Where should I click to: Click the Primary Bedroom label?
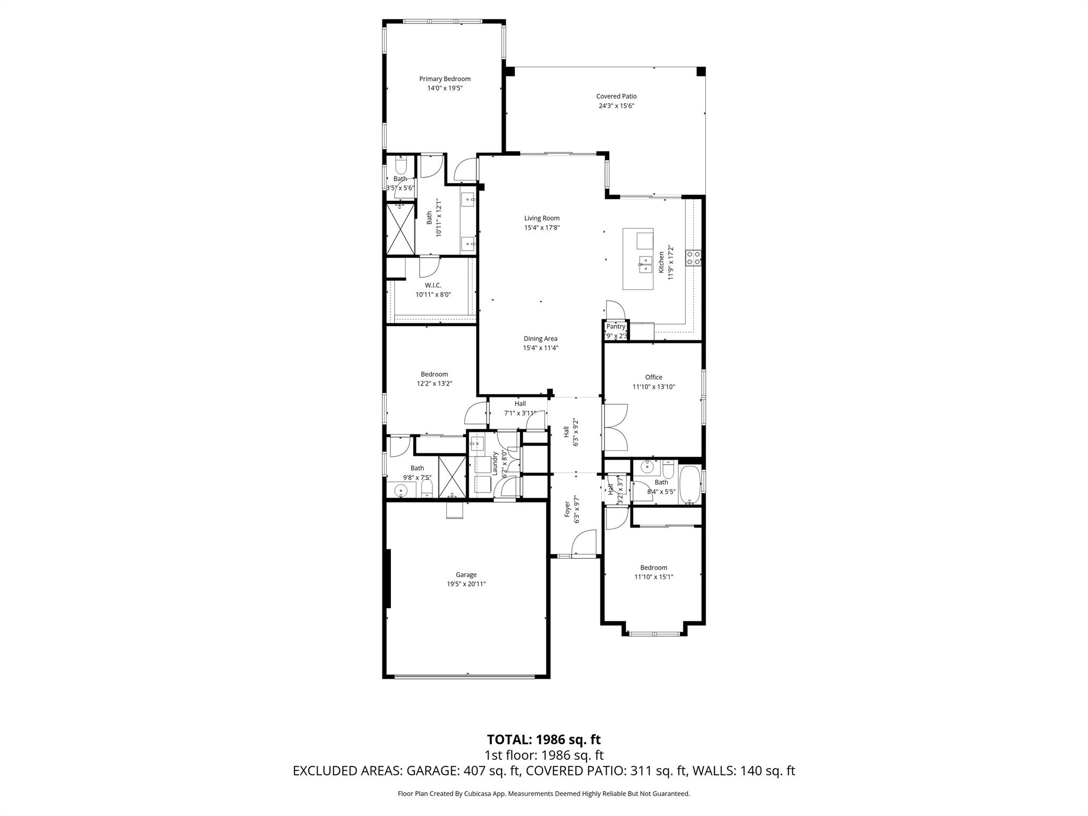pyautogui.click(x=445, y=79)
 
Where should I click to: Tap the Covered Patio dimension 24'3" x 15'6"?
pyautogui.click(x=616, y=106)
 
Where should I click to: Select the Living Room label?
pyautogui.click(x=541, y=218)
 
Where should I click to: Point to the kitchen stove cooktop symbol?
pyautogui.click(x=693, y=258)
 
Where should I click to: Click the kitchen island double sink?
pyautogui.click(x=645, y=263)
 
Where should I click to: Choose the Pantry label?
pyautogui.click(x=616, y=327)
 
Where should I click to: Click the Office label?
pyautogui.click(x=653, y=377)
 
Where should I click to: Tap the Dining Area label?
pyautogui.click(x=540, y=338)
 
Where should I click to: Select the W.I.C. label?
pyautogui.click(x=433, y=285)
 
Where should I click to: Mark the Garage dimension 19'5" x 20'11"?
pyautogui.click(x=466, y=584)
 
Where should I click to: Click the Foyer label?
pyautogui.click(x=567, y=508)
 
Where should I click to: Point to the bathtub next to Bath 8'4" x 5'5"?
pyautogui.click(x=690, y=485)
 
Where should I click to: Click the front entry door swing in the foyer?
pyautogui.click(x=582, y=545)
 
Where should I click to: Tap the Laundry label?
pyautogui.click(x=495, y=463)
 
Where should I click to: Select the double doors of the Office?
pyautogui.click(x=615, y=427)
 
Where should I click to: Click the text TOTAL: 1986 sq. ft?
pyautogui.click(x=543, y=739)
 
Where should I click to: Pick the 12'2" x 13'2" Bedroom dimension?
pyautogui.click(x=434, y=384)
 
